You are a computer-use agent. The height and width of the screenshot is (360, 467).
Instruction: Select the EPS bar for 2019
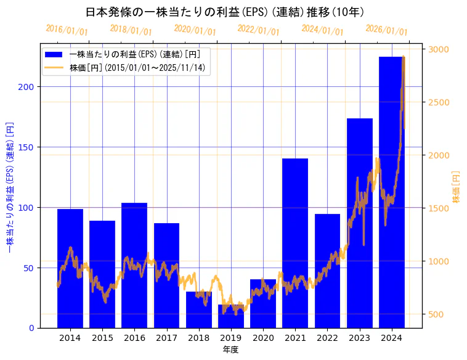(x=231, y=316)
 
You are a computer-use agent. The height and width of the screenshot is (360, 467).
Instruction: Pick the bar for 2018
(x=199, y=309)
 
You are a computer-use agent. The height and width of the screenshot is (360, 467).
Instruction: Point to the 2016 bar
(x=134, y=265)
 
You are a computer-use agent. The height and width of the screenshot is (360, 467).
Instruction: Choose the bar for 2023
(x=359, y=223)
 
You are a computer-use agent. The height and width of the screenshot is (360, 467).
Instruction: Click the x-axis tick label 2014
(x=70, y=338)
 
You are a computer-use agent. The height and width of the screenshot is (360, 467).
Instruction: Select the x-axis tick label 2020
(x=263, y=338)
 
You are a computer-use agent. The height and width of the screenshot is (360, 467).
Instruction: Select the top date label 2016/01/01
(x=67, y=30)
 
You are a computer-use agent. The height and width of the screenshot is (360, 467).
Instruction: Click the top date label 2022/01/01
(x=258, y=30)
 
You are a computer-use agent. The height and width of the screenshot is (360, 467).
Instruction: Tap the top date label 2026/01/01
(x=386, y=30)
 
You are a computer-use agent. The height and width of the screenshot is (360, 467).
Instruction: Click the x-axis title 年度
(x=231, y=350)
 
